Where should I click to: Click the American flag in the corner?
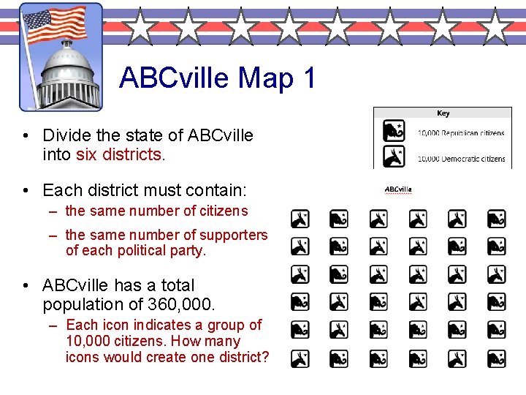point(55,26)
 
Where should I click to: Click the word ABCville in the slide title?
point(173,78)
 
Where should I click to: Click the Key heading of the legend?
point(443,113)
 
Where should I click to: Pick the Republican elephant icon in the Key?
point(394,132)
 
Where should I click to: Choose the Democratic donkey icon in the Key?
point(394,157)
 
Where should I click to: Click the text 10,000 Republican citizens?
point(461,133)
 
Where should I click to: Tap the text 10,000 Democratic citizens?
point(461,159)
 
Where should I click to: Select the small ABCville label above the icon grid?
point(398,189)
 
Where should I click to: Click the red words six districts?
point(120,154)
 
